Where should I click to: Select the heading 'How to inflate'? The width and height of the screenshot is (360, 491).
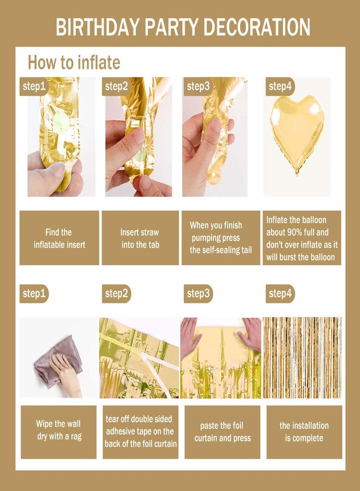click(74, 62)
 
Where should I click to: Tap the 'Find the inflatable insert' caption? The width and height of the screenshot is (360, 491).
click(59, 238)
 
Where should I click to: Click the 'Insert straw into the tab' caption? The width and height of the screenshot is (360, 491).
click(140, 238)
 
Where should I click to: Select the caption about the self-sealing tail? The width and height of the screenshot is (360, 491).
click(221, 237)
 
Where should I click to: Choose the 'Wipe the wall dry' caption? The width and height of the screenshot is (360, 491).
click(59, 430)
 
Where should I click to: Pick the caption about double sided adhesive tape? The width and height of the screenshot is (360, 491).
click(140, 431)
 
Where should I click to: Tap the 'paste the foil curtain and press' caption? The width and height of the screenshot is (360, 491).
click(222, 432)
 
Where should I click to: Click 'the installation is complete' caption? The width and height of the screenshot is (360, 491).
click(304, 432)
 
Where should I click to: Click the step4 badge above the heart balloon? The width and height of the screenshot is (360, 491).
click(280, 86)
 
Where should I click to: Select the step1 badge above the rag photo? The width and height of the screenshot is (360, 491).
click(34, 294)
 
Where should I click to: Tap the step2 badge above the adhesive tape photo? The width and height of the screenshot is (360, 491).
click(116, 294)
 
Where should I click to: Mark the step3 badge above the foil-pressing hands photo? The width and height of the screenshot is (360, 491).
click(198, 294)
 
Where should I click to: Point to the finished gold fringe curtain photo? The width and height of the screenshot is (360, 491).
click(302, 357)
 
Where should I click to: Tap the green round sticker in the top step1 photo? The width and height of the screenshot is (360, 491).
click(61, 121)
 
